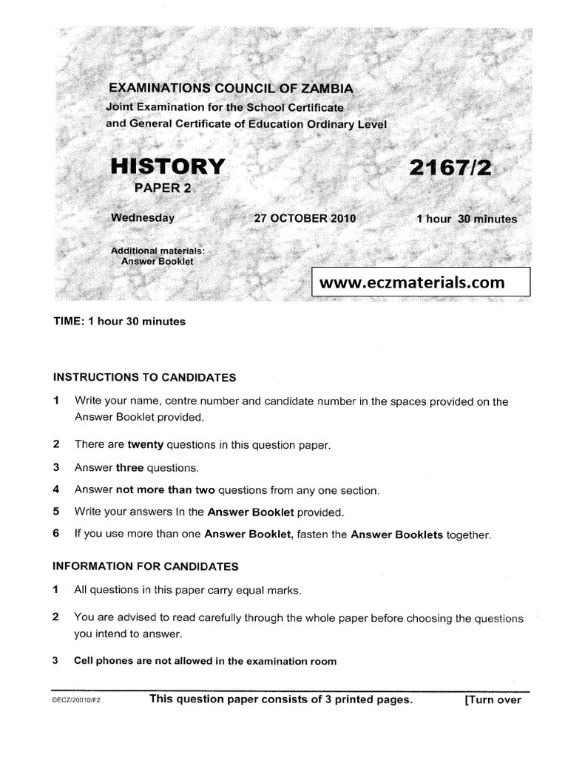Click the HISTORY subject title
point(166,166)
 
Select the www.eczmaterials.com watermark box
point(421,282)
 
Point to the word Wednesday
point(142,218)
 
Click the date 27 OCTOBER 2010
point(305,219)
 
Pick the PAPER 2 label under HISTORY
point(162,188)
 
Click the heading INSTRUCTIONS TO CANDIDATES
point(144,377)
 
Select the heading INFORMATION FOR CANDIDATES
point(146,566)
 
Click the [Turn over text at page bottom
point(493,700)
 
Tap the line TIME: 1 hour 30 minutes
point(119,322)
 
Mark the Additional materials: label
point(157,251)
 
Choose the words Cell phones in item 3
point(100,661)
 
